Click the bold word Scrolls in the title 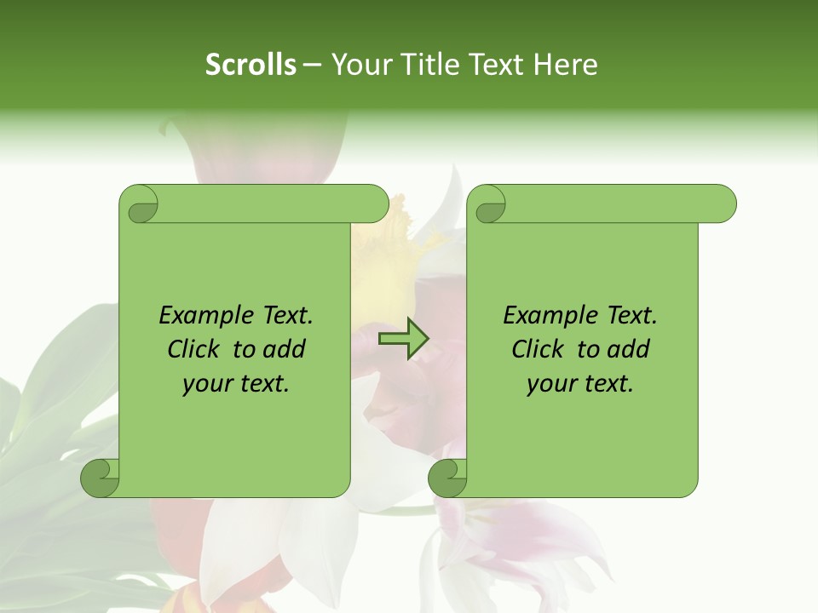point(251,65)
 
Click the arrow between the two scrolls point(403,339)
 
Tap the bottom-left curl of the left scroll point(101,478)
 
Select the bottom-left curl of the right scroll point(448,478)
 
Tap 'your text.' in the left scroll point(236,383)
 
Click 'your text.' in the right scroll point(580,383)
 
